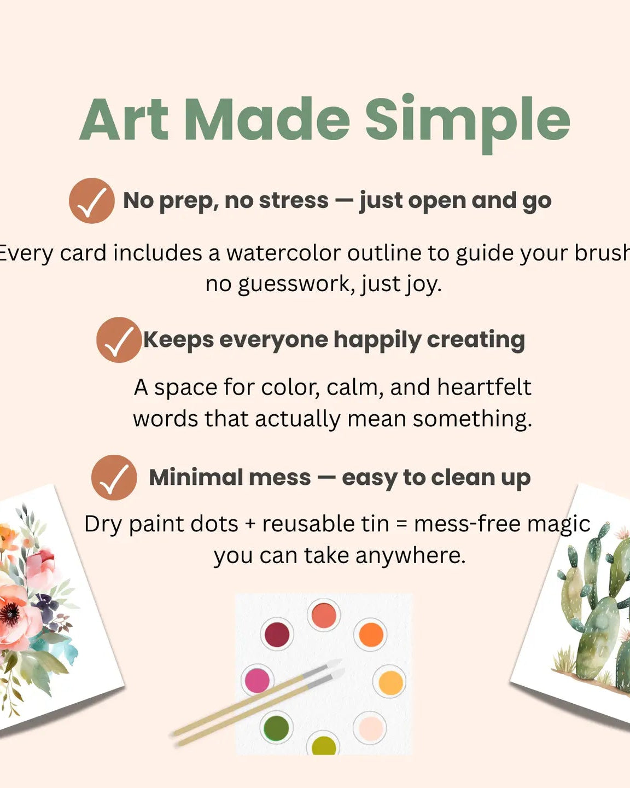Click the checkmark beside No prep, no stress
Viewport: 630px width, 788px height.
(x=92, y=201)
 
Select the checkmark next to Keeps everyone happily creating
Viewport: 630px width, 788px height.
(x=119, y=340)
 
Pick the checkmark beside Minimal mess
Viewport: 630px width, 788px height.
(x=114, y=478)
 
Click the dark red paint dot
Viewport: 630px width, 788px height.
(x=277, y=635)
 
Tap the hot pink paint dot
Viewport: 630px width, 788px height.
(x=256, y=680)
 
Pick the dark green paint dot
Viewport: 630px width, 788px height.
(x=276, y=727)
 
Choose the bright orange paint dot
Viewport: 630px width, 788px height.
(x=371, y=634)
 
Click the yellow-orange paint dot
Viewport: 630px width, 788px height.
(x=390, y=682)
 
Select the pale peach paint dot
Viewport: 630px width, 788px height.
(x=370, y=728)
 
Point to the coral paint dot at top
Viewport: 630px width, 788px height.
(x=323, y=615)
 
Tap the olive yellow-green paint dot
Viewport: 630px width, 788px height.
(x=323, y=746)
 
